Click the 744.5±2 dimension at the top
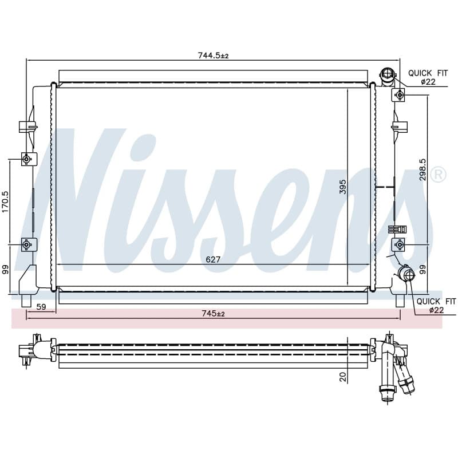213,55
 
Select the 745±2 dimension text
213,314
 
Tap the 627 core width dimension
212,260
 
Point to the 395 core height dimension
342,187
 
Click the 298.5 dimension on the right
423,169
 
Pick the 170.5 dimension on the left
6,202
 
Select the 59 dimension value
41,307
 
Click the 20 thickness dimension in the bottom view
343,377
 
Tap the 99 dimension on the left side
6,270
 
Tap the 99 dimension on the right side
423,270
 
